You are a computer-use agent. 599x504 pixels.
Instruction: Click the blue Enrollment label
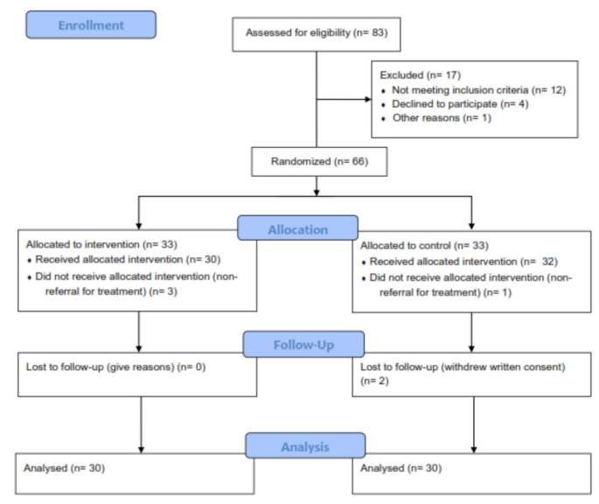tap(91, 24)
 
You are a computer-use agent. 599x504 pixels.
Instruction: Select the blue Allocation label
tap(297, 229)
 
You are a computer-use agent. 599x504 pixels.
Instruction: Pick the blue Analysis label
tap(305, 446)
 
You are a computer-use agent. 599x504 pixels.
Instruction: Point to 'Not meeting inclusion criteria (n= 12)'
tap(460, 90)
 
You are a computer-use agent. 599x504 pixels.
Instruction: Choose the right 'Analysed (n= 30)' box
tap(399, 468)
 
